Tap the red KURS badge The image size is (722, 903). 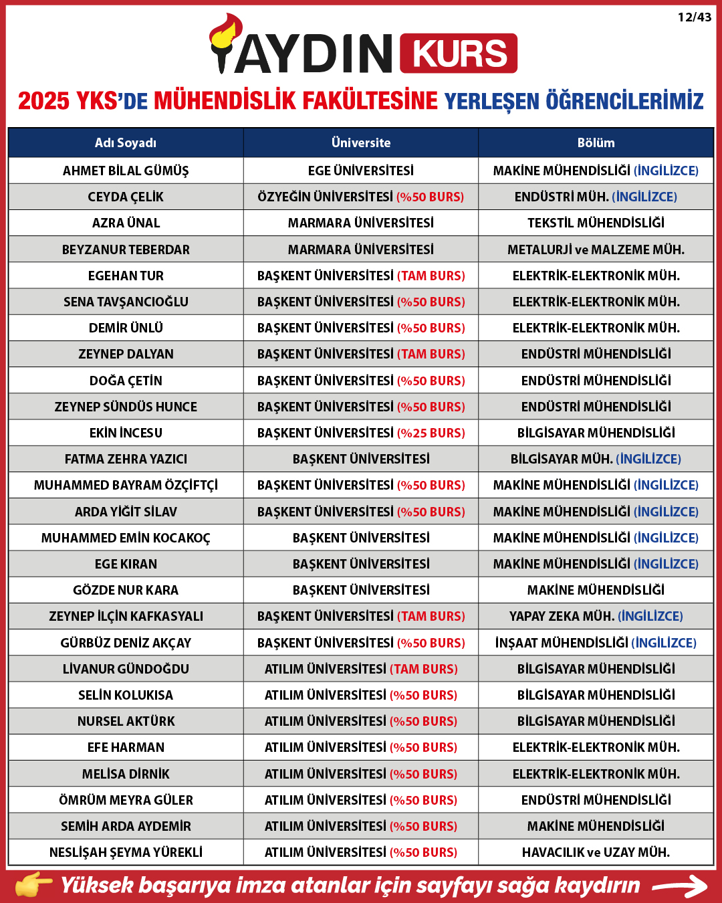pos(459,54)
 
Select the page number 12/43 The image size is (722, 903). pos(694,17)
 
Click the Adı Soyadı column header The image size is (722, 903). pos(126,142)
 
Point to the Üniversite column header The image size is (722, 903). pos(361,142)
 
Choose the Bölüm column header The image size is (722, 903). pos(596,142)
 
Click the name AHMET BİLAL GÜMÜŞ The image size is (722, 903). pos(126,171)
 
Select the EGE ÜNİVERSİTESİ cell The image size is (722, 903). pos(361,171)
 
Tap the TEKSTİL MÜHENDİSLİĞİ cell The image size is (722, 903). pos(596,223)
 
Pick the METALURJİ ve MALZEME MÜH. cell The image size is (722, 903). pos(596,249)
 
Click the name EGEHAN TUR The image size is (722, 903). pos(126,276)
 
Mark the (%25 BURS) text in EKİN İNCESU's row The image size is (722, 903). pos(431,433)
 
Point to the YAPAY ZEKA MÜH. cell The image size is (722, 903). pos(596,616)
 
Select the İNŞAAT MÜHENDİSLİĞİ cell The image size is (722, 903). pos(596,643)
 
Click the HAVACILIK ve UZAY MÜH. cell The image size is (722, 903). pos(596,852)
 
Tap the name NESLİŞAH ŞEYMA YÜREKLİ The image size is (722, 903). pos(126,852)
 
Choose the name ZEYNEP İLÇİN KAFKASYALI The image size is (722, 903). pos(126,616)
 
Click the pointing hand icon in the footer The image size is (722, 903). pos(33,884)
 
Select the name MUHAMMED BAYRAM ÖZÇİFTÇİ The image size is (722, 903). pos(126,485)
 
